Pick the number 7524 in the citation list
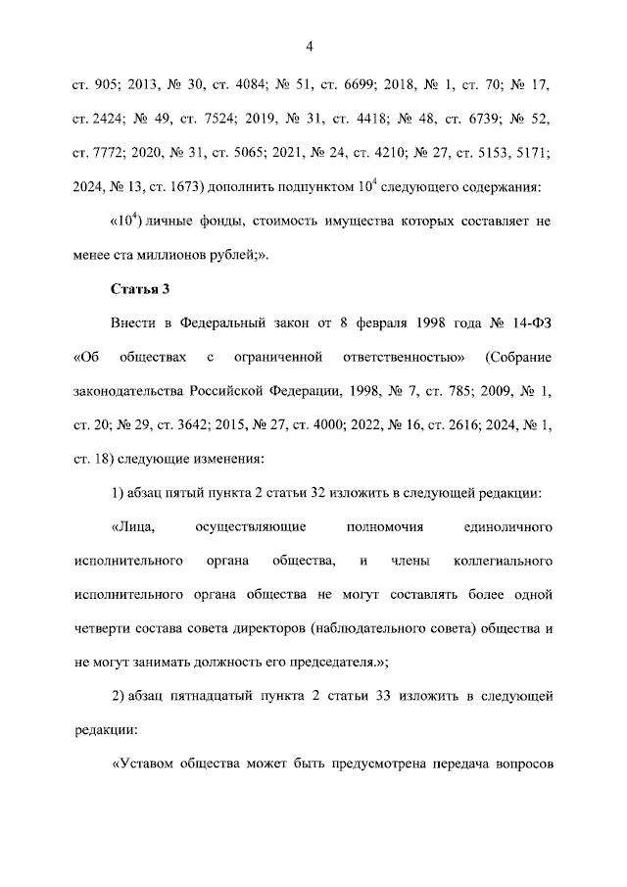coord(216,119)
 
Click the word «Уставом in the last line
coord(149,765)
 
